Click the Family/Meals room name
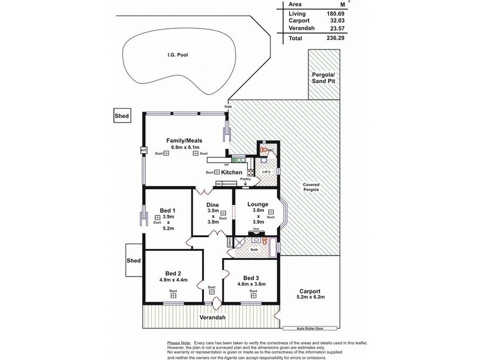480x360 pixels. pyautogui.click(x=184, y=140)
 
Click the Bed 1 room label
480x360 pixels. pyautogui.click(x=167, y=210)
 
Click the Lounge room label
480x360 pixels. pyautogui.click(x=257, y=204)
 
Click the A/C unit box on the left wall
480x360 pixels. pyautogui.click(x=143, y=150)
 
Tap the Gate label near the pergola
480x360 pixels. pyautogui.click(x=228, y=107)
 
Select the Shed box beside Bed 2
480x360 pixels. pyautogui.click(x=133, y=261)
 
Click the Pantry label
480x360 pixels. pyautogui.click(x=245, y=179)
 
